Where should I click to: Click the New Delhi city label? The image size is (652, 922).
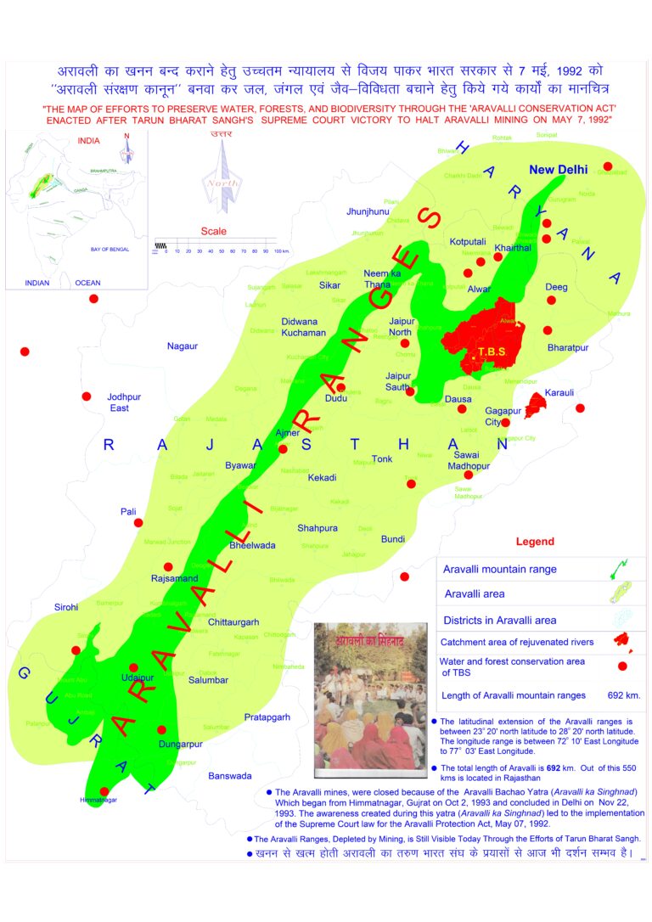(x=558, y=170)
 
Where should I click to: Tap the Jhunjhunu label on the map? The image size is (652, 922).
(x=368, y=211)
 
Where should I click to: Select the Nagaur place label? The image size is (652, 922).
(x=182, y=346)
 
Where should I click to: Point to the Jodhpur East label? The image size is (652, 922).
(x=119, y=402)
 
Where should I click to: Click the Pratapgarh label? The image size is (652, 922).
(x=267, y=717)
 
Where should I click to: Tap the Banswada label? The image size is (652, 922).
(x=230, y=776)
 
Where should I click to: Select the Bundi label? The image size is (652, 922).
(x=393, y=539)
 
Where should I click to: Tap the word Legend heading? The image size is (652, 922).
(x=535, y=542)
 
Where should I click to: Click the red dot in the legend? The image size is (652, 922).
(x=622, y=666)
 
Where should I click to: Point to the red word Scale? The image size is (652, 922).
(x=214, y=230)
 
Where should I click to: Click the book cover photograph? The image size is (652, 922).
(x=370, y=699)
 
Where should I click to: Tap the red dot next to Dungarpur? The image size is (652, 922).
(x=162, y=729)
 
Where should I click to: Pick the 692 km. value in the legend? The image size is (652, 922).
(x=624, y=695)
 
